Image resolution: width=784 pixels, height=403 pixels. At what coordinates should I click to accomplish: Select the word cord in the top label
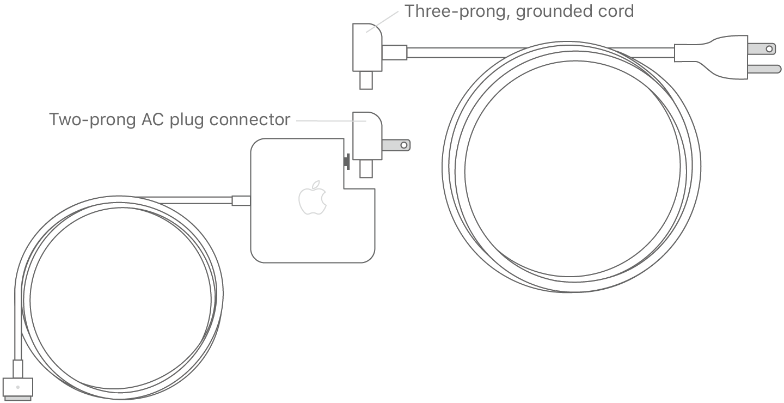[x=614, y=11]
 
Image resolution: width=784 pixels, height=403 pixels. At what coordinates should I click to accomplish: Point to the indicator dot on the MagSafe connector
[x=18, y=387]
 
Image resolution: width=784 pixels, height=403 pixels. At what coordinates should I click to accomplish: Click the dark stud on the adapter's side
[x=346, y=162]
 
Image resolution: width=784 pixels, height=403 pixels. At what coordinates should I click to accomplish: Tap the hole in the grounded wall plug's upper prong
[x=769, y=49]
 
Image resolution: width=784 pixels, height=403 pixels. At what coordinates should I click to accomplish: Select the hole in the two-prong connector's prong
[x=403, y=145]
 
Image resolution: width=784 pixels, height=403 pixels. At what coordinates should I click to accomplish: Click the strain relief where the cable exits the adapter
[x=241, y=200]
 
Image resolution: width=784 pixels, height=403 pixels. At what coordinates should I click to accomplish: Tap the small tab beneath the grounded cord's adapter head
[x=365, y=81]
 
